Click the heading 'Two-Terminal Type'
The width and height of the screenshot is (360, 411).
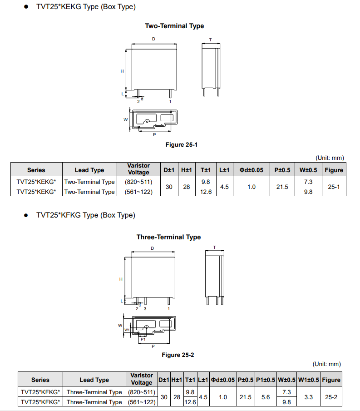174,26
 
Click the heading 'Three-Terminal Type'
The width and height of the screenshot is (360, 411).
168,237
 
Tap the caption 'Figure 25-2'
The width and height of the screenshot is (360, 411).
178,355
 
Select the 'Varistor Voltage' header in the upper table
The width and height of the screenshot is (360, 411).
138,169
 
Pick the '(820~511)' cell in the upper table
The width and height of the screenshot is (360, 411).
138,182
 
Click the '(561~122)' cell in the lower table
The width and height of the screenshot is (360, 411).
142,402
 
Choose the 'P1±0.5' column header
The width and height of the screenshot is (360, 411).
266,380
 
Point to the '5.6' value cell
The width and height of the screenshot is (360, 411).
266,397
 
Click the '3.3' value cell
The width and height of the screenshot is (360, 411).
309,397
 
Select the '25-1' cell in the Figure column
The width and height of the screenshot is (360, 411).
334,187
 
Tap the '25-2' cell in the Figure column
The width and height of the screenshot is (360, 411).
331,397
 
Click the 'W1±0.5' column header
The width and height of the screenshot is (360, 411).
309,380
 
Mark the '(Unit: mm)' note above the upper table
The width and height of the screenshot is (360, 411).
330,158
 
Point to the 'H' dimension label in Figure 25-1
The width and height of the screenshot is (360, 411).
122,71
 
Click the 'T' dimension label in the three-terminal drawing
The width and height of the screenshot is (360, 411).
214,248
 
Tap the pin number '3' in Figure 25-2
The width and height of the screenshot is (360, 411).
145,308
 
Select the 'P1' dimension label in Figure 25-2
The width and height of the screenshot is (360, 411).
143,339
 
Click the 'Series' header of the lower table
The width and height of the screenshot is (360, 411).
40,380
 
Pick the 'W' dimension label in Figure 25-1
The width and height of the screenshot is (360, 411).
125,119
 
